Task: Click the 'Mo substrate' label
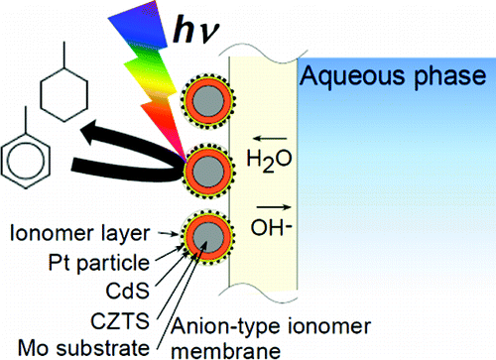coord(88,346)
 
